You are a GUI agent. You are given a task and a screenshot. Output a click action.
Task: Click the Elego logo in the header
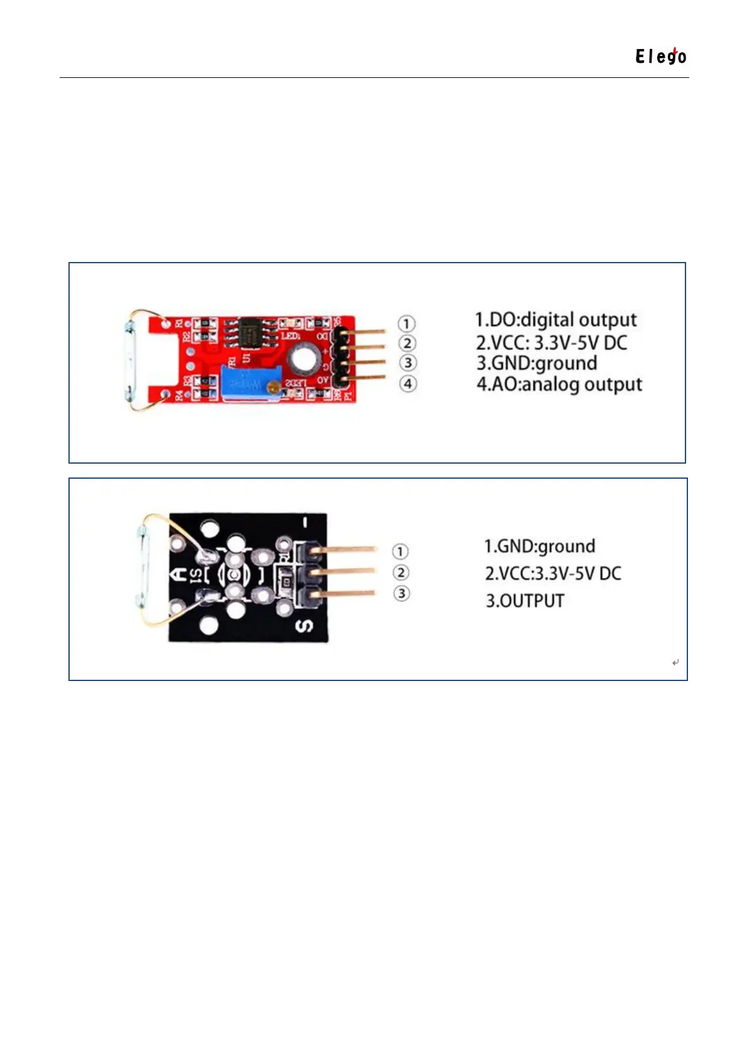[660, 57]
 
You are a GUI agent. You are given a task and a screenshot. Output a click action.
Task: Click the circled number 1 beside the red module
[407, 324]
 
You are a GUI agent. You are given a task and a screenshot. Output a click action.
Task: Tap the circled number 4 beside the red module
[408, 383]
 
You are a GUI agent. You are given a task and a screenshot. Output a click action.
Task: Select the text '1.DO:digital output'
[556, 320]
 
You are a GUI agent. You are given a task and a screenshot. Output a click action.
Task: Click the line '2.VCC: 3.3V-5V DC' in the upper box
[551, 343]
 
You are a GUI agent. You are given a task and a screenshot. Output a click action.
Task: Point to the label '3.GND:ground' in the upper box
[537, 363]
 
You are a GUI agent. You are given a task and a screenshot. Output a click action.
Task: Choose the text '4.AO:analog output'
[559, 384]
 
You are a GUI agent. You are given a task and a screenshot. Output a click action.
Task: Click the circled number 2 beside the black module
[400, 572]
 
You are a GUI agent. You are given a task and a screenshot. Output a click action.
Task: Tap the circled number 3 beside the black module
[401, 593]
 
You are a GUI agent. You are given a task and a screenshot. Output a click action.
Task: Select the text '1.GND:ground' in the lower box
[539, 546]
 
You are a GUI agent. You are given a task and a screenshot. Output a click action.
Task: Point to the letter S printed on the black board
[304, 626]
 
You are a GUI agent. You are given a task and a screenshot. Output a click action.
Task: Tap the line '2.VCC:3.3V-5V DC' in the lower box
[552, 574]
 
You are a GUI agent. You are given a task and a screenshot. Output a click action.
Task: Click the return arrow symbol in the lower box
[675, 662]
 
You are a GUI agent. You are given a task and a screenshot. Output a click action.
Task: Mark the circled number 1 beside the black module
[400, 552]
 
